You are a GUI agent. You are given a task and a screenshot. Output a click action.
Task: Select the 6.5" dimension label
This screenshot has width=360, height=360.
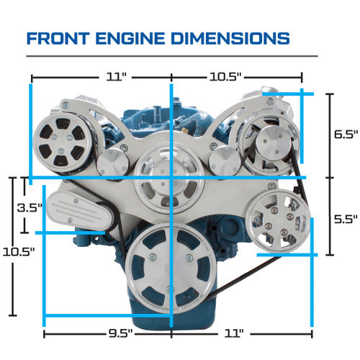tap(346, 134)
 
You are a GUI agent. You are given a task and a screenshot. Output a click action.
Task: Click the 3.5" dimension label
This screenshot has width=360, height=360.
tap(30, 207)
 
